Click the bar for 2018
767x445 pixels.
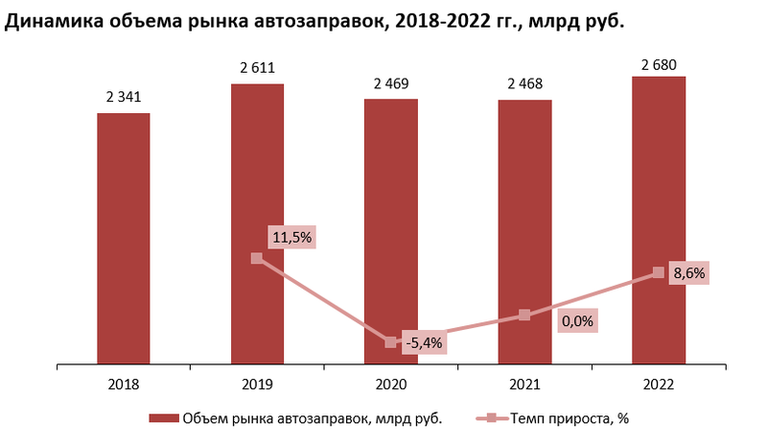(x=123, y=240)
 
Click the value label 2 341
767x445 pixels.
(x=123, y=96)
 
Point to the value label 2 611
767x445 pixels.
(x=257, y=67)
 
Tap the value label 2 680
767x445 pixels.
(x=658, y=60)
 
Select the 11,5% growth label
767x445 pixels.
(x=292, y=237)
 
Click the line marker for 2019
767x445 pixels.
(x=256, y=258)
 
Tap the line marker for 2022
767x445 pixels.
(x=658, y=272)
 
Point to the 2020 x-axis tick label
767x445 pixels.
(x=390, y=384)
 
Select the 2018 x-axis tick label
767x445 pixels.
(x=123, y=384)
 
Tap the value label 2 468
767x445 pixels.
(x=524, y=82)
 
